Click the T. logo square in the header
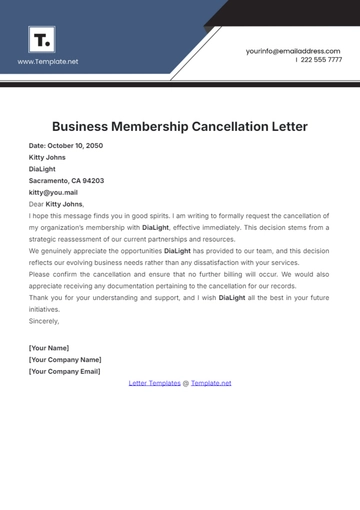pyautogui.click(x=43, y=40)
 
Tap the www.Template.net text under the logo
pyautogui.click(x=48, y=61)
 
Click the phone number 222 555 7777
pyautogui.click(x=320, y=60)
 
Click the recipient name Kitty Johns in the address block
pyautogui.click(x=47, y=158)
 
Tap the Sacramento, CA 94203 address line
pyautogui.click(x=66, y=181)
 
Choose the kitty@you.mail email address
pyautogui.click(x=53, y=192)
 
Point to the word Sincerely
pyautogui.click(x=44, y=321)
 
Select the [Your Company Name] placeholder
pyautogui.click(x=65, y=359)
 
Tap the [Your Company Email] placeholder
pyautogui.click(x=65, y=371)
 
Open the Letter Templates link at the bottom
pyautogui.click(x=155, y=383)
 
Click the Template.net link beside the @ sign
pyautogui.click(x=211, y=383)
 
